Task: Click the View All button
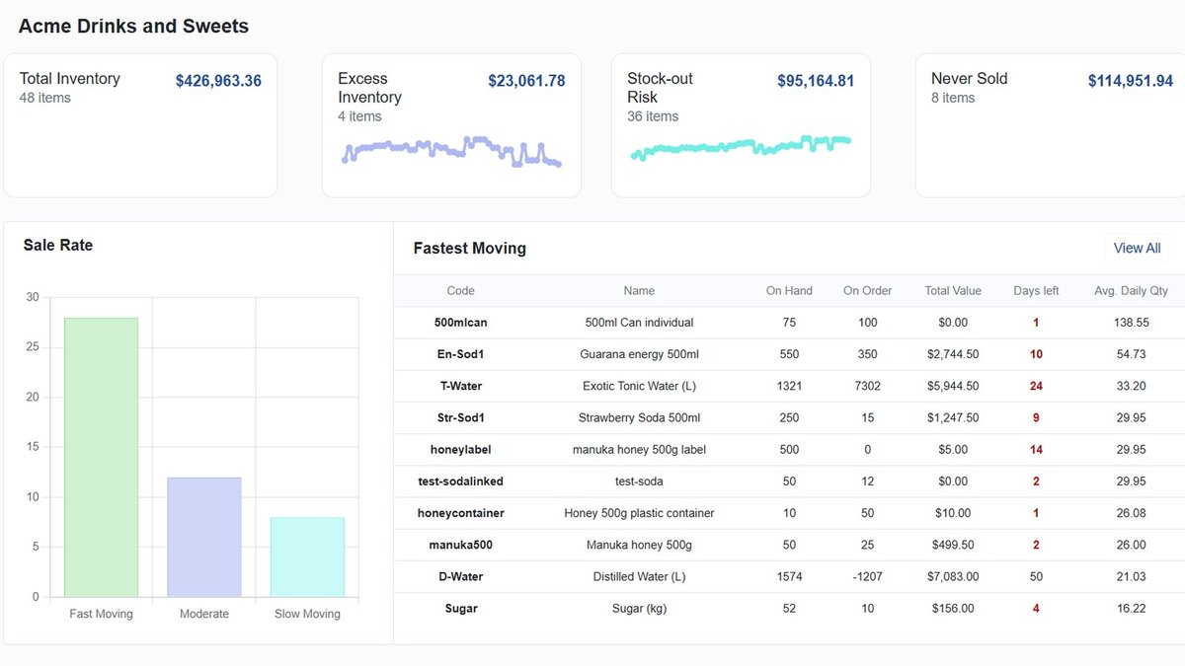tap(1137, 248)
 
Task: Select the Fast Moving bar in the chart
tap(101, 457)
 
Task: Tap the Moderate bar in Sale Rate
tap(204, 538)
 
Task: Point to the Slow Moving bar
tap(307, 557)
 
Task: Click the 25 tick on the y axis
tap(33, 346)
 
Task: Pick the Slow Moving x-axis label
tap(307, 614)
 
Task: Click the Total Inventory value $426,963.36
tap(218, 80)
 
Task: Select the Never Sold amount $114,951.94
tap(1131, 80)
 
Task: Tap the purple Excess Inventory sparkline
tap(451, 151)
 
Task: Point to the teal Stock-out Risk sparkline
tap(741, 146)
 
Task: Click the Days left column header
tap(1036, 291)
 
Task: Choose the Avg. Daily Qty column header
tap(1131, 291)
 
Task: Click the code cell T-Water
tap(461, 386)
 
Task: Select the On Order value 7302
tap(868, 386)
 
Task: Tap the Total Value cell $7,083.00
tap(953, 576)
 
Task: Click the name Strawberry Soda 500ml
tap(639, 417)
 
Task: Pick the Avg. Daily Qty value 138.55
tap(1131, 323)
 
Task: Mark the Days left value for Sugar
tap(1036, 609)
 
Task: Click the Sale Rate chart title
tap(58, 245)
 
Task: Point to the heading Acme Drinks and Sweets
tap(133, 26)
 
